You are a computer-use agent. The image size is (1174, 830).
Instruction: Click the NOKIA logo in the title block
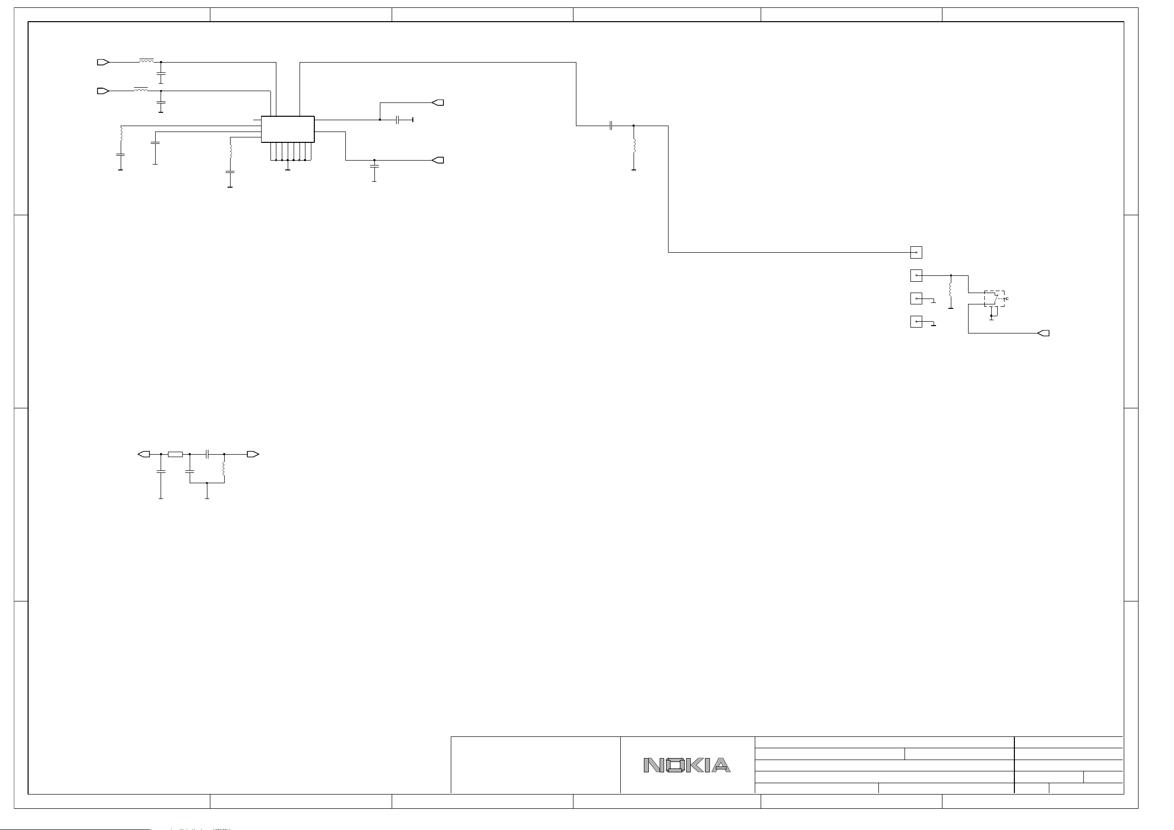coord(687,765)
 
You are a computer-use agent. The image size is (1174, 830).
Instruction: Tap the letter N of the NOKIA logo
coord(653,765)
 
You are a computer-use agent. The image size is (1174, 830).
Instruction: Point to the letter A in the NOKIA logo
coord(720,765)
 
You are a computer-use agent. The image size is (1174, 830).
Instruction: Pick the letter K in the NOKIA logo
coord(695,765)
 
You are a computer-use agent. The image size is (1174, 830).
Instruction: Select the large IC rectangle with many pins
coord(287,129)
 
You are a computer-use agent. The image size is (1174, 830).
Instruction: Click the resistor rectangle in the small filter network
coord(175,454)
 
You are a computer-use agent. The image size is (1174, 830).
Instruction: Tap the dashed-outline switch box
coord(994,299)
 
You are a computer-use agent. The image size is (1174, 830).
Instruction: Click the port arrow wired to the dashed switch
coord(1043,333)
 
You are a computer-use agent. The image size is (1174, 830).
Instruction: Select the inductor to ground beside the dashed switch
coord(950,290)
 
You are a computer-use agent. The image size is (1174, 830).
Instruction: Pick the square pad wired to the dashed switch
coord(916,276)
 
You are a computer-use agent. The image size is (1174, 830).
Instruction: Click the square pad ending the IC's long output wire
coord(916,253)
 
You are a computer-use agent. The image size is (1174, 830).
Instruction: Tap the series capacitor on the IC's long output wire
coord(611,126)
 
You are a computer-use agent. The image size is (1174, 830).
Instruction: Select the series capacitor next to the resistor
coord(207,454)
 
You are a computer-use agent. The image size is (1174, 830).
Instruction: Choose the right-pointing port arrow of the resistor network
coord(253,454)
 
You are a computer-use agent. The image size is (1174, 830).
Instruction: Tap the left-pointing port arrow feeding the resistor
coord(144,454)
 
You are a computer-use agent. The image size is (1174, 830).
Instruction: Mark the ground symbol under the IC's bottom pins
coord(287,169)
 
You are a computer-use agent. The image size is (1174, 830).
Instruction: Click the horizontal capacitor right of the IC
coord(397,120)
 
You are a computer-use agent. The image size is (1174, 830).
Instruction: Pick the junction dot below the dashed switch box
coord(991,316)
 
